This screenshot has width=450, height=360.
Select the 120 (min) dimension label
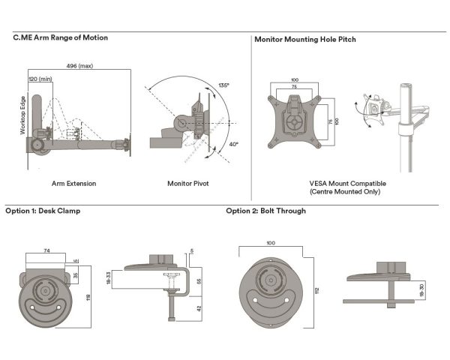pos(40,78)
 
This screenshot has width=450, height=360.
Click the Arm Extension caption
pos(73,183)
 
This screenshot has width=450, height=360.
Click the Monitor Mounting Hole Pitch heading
pos(305,39)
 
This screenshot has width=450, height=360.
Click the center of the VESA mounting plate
pos(295,119)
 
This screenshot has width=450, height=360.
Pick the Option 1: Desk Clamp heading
pos(43,211)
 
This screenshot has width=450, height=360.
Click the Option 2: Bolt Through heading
pos(265,211)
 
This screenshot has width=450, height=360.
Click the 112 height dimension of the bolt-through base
pos(317,290)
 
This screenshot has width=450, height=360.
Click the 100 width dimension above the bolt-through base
pos(270,243)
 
